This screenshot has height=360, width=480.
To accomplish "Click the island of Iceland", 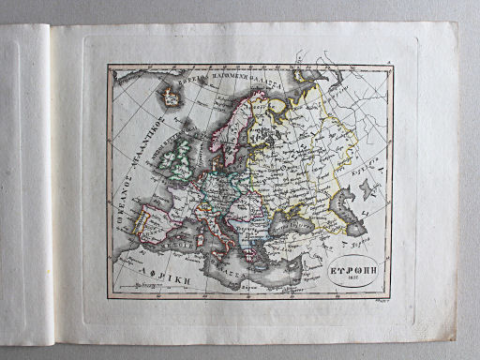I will pyautogui.click(x=171, y=95).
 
